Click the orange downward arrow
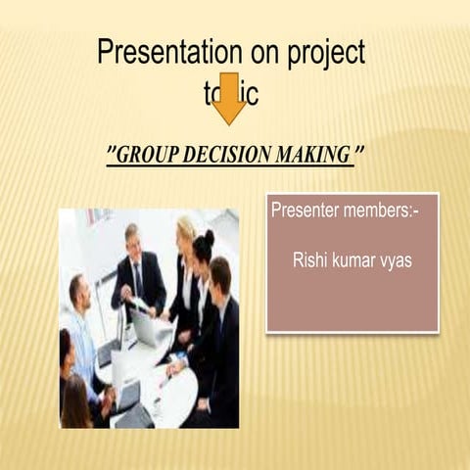tap(230, 97)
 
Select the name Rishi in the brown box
tap(309, 260)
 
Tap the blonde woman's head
tap(185, 231)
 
